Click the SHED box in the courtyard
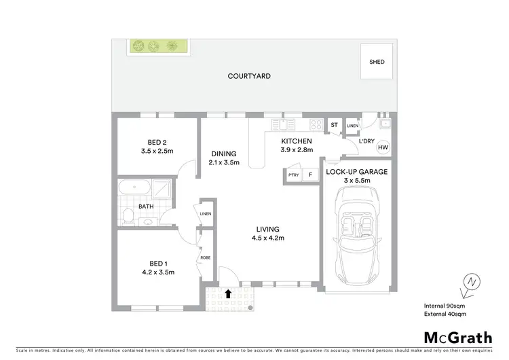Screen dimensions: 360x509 [377, 62]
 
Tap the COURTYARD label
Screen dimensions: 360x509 [249, 76]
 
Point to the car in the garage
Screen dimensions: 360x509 [358, 232]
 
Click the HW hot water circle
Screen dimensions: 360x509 [383, 147]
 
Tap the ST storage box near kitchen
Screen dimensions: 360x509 [334, 126]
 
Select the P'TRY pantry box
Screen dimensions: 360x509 [293, 175]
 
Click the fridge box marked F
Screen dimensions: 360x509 [310, 175]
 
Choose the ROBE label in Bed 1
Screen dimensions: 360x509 [205, 259]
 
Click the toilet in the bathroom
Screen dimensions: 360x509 [128, 217]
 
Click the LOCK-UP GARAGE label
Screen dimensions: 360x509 [356, 172]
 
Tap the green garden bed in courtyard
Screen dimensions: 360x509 [158, 46]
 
